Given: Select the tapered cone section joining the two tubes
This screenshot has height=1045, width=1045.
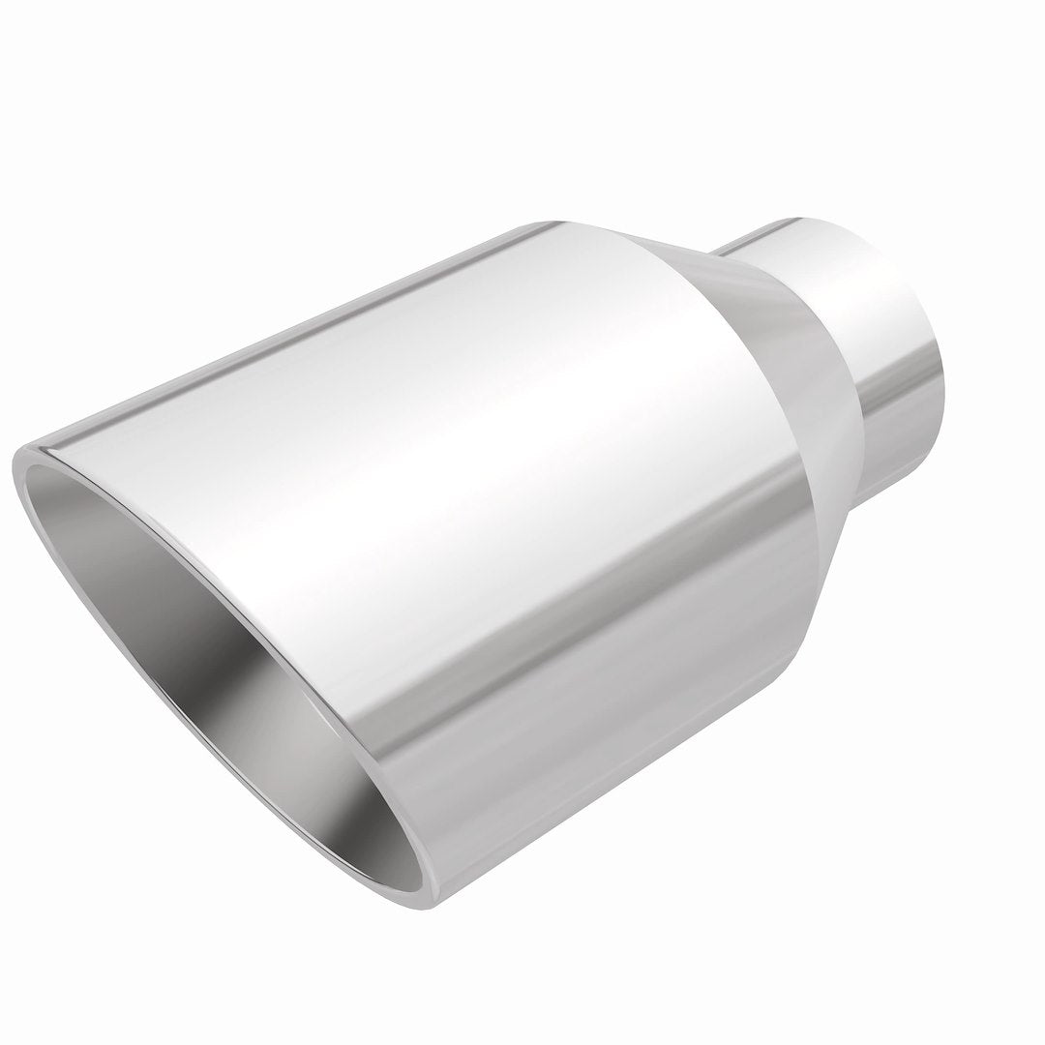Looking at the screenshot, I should coord(774,406).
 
